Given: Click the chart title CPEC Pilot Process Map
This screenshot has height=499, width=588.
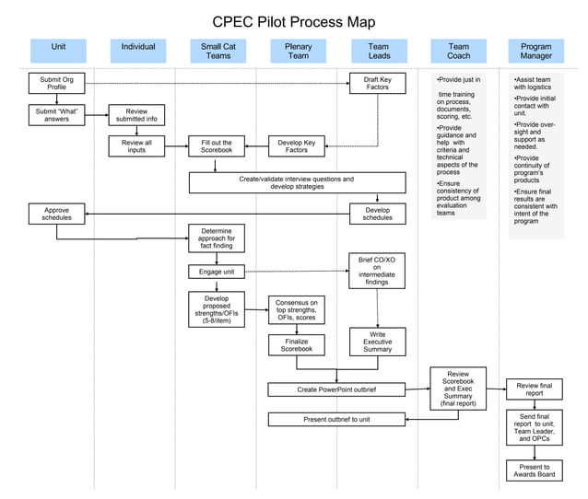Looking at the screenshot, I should coord(293,22).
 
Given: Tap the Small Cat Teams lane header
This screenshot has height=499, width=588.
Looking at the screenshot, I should coord(217,51).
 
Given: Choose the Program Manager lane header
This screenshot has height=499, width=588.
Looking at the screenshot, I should coord(535,51).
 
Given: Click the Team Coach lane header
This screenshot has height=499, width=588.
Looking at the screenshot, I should coord(458,51).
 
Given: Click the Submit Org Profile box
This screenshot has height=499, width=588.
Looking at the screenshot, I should coord(56,84).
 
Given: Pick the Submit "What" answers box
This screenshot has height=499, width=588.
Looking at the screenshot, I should coord(56,114).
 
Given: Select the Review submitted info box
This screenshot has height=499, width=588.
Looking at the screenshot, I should coord(136,114).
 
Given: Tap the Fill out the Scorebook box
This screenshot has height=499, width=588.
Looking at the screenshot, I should coord(217,146).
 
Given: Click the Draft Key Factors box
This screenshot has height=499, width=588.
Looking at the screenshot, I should coord(378,84).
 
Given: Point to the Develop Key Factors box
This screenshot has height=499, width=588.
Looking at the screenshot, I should coord(297,146).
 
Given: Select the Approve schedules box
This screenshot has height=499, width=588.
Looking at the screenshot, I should coord(56,214).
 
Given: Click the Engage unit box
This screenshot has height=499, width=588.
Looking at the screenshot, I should coord(217,272).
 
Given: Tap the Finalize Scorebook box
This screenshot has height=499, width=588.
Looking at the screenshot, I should coord(297,344).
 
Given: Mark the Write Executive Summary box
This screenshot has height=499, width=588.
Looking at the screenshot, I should coord(377,342).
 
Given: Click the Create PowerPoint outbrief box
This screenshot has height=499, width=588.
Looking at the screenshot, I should coord(336,389).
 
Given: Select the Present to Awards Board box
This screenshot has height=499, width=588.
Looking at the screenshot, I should coord(535,470).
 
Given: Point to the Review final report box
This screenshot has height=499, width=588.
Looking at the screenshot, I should coord(535,389).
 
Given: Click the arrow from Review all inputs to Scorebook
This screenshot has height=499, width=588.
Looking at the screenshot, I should coord(176,146).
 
